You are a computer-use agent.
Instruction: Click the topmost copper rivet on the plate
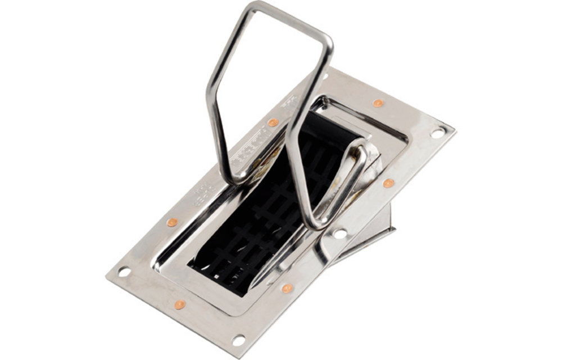click(x=378, y=103)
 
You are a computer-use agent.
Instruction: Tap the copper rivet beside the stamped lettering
click(x=273, y=123)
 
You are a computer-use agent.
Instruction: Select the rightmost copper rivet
click(x=388, y=183)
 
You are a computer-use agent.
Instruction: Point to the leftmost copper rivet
click(x=172, y=222)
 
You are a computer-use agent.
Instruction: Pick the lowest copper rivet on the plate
click(x=179, y=304)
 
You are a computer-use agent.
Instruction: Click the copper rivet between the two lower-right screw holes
click(x=287, y=288)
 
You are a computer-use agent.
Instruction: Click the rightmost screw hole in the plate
click(x=437, y=133)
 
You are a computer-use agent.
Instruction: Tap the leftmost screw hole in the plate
click(x=124, y=272)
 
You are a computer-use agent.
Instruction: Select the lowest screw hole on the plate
click(x=238, y=340)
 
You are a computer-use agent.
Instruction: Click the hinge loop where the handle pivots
click(x=360, y=155)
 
